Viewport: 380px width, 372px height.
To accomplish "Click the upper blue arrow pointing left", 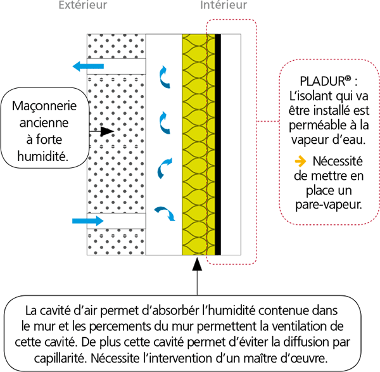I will (87, 66).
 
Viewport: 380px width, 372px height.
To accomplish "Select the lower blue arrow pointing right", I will (87, 221).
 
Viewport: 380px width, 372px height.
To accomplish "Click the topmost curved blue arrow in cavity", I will (165, 75).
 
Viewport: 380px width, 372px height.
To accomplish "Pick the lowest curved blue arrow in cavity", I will (165, 213).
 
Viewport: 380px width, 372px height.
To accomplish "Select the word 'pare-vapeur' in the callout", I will (327, 205).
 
